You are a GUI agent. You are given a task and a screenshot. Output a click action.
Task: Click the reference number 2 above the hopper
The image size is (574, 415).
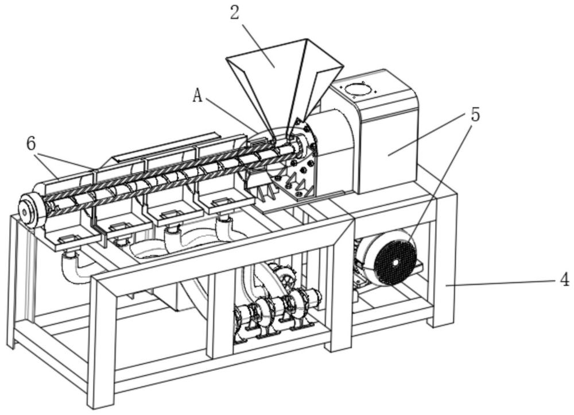(234, 13)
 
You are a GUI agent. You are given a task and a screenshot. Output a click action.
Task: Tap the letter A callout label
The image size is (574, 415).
(197, 96)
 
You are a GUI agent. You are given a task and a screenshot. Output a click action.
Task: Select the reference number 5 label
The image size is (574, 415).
(475, 114)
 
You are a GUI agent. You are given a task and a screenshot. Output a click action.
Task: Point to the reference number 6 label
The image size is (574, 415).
(31, 144)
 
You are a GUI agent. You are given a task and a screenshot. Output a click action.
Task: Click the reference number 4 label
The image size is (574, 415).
(564, 280)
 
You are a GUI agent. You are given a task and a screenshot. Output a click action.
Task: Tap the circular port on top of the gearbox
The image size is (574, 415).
(358, 89)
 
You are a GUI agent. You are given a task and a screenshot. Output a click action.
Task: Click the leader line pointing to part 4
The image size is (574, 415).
(505, 282)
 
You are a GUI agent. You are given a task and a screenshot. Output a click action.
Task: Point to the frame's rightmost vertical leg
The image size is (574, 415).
(445, 259)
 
